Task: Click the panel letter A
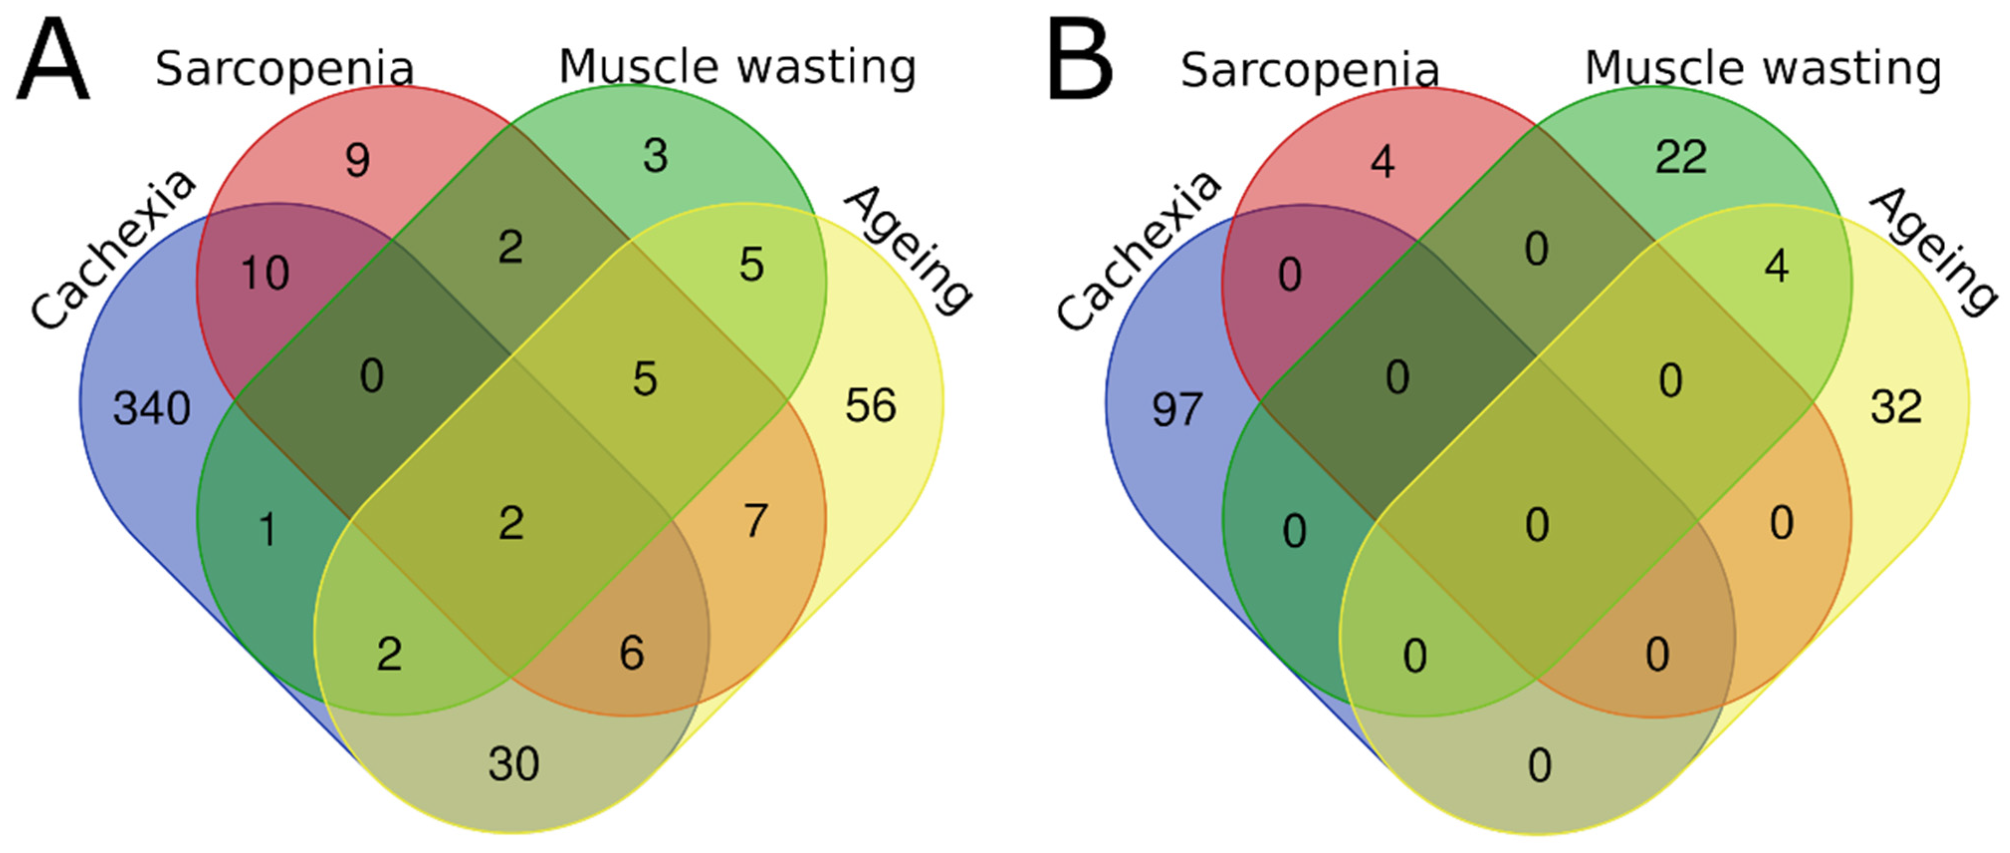[53, 62]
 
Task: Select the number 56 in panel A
[871, 406]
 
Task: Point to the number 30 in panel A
[513, 763]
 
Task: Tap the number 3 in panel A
[656, 156]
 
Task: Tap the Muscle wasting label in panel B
[1763, 69]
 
